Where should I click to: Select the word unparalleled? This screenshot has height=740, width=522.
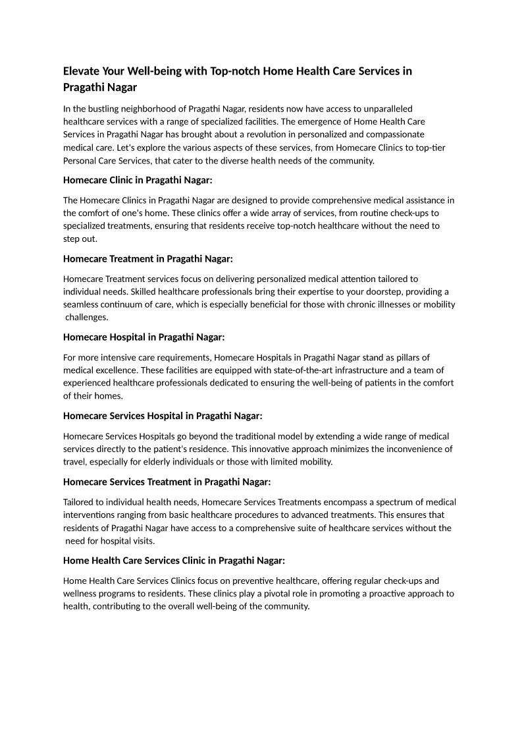coord(386,108)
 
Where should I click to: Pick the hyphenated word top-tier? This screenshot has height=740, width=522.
coord(429,148)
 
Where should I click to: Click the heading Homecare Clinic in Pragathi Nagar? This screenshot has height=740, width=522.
coord(138,180)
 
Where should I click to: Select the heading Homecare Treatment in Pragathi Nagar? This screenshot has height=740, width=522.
coord(148,258)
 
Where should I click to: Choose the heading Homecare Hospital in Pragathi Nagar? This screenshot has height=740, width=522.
coord(144,337)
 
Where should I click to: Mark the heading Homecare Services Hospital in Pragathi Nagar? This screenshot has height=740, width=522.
coord(163,416)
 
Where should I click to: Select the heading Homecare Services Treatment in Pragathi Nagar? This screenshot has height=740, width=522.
coord(167,482)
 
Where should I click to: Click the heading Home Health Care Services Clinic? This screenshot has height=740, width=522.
coord(174,560)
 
